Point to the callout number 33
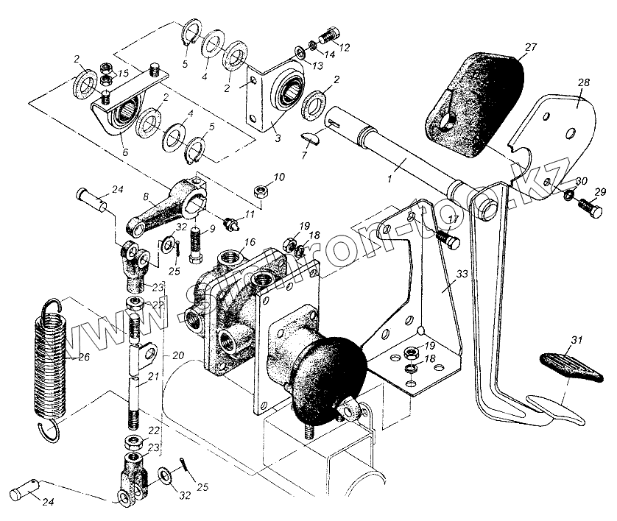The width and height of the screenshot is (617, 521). [x=461, y=274]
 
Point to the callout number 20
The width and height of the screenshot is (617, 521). [x=177, y=355]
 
